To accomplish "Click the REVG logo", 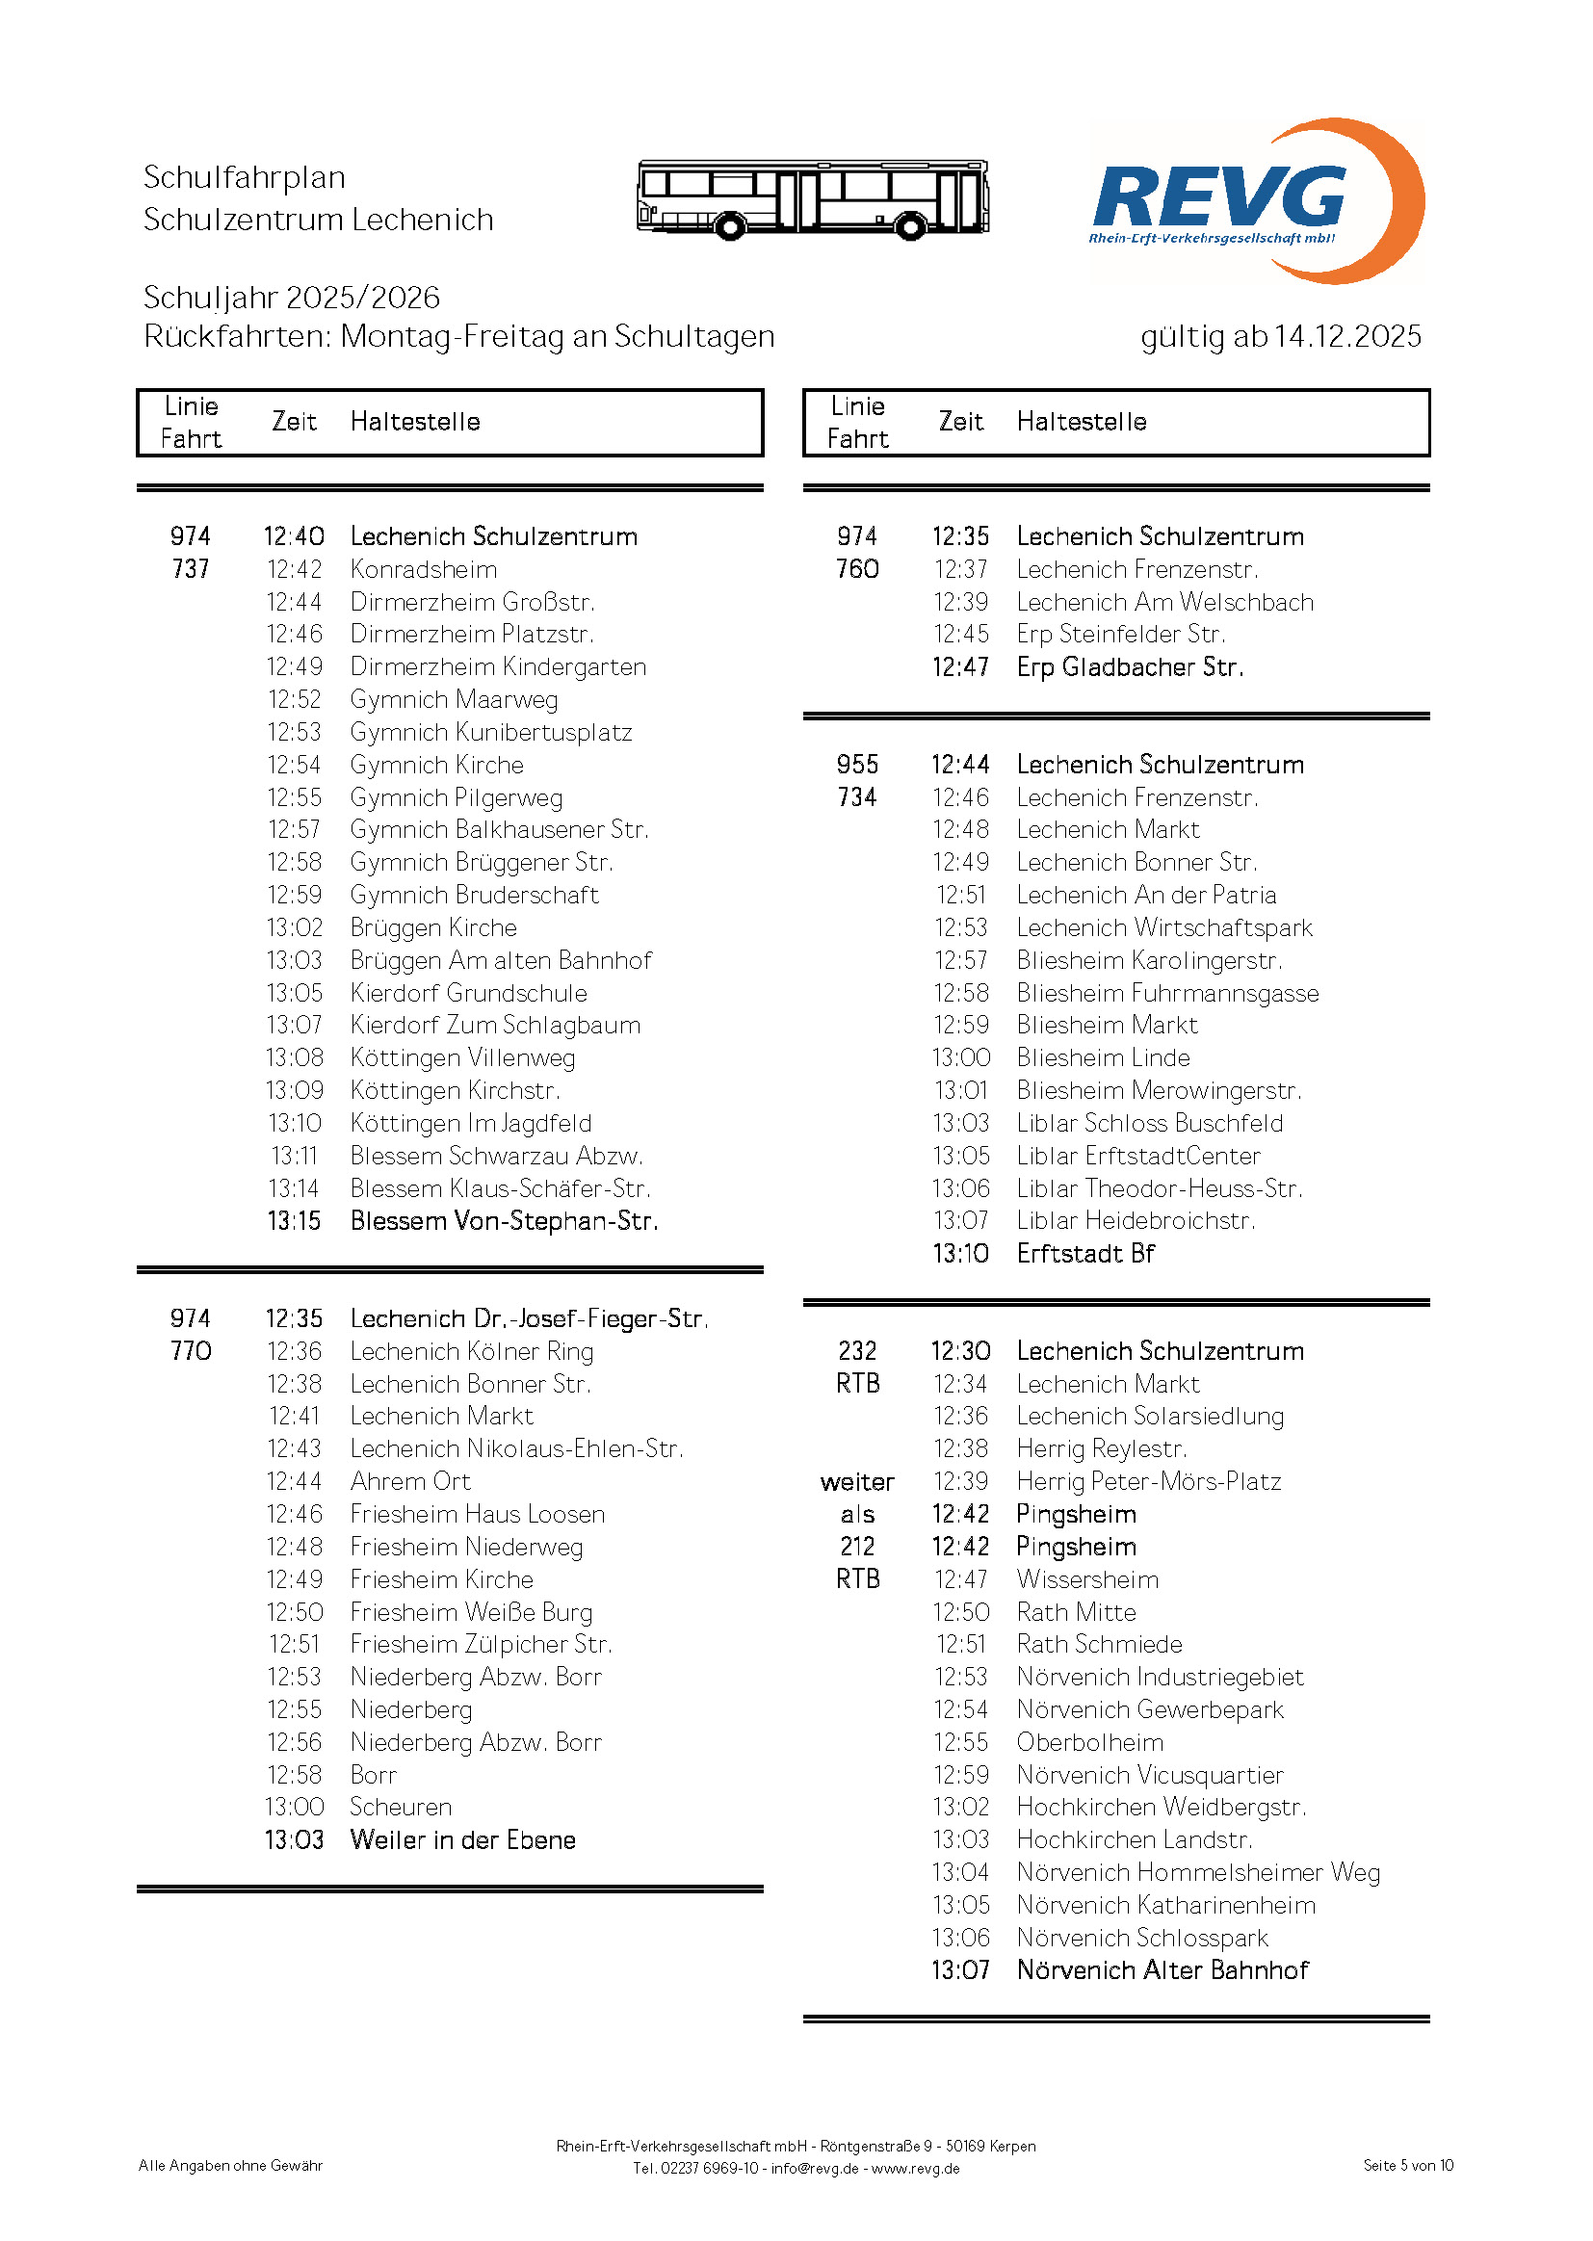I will (x=1256, y=201).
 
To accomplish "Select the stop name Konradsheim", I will (x=423, y=569).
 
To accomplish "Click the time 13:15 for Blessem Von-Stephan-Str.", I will (x=294, y=1221).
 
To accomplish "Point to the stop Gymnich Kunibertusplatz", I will (x=490, y=732).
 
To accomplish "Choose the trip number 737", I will (x=191, y=569).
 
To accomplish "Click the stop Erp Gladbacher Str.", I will (x=1129, y=666).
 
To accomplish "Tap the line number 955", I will (x=856, y=764).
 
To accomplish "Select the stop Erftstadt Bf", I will (x=1084, y=1253).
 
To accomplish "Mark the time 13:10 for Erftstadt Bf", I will (x=960, y=1253).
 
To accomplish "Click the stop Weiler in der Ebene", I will (x=462, y=1839).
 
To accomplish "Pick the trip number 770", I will (x=191, y=1350).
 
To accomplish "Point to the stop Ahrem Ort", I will (x=410, y=1481).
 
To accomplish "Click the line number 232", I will (x=856, y=1350).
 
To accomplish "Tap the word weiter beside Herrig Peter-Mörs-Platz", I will (x=856, y=1481).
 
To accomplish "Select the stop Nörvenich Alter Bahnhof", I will (x=1162, y=1970).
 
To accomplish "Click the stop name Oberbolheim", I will (x=1089, y=1742).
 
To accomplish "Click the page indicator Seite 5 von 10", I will (x=1408, y=2166).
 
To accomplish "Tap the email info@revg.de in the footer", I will (x=814, y=2169).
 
